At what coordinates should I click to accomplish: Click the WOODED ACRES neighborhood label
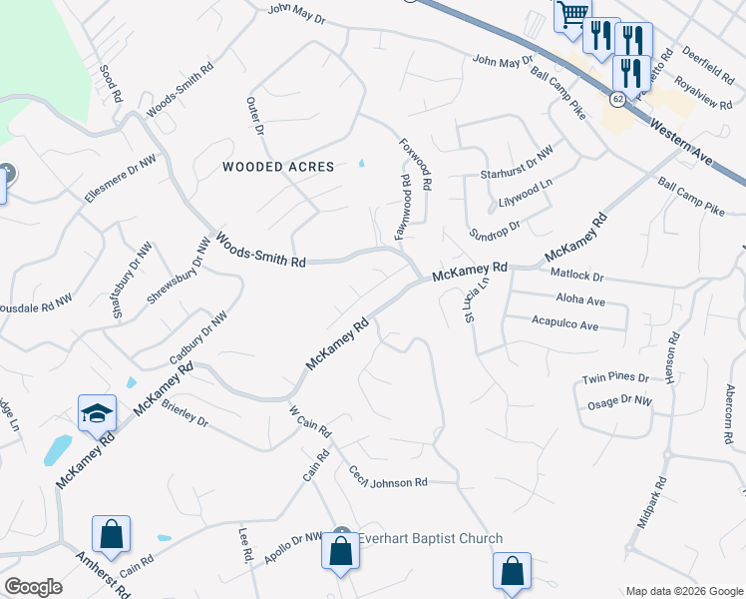[x=278, y=167]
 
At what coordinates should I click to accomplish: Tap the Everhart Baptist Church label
[x=430, y=539]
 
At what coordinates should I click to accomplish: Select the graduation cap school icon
[x=98, y=413]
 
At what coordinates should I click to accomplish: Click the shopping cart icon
[x=572, y=14]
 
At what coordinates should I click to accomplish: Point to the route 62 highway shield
[x=618, y=98]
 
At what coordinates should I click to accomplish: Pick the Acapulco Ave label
[x=564, y=325]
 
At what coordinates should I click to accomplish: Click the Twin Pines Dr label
[x=615, y=378]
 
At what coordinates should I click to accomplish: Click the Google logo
[x=34, y=586]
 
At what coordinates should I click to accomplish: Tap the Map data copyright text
[x=683, y=591]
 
